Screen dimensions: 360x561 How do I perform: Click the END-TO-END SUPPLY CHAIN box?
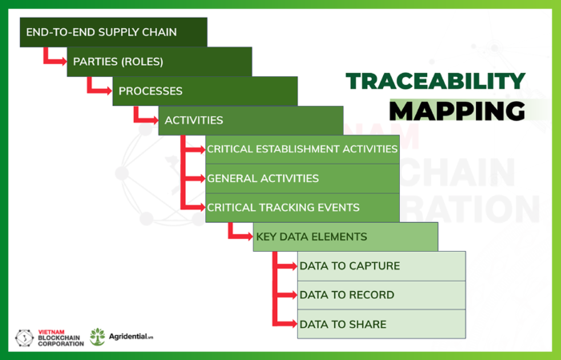tap(113, 32)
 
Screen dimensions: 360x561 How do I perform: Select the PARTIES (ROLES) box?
tap(159, 62)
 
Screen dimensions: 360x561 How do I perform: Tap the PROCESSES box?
tap(204, 91)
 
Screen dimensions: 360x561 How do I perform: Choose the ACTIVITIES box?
tap(250, 120)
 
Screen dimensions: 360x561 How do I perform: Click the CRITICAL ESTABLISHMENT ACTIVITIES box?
tap(302, 149)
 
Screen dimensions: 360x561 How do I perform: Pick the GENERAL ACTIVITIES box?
tap(302, 178)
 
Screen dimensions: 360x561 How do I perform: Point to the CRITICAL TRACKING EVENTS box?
tap(302, 208)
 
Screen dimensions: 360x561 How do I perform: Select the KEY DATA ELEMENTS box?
tap(345, 237)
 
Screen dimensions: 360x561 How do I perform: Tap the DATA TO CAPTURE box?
tap(381, 266)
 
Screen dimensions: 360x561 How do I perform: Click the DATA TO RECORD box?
tap(381, 295)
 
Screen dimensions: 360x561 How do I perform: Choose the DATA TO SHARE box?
tap(381, 324)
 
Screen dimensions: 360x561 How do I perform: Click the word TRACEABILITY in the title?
tap(435, 80)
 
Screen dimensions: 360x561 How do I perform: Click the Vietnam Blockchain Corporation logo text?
tap(61, 338)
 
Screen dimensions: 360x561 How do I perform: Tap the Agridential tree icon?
tap(98, 336)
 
